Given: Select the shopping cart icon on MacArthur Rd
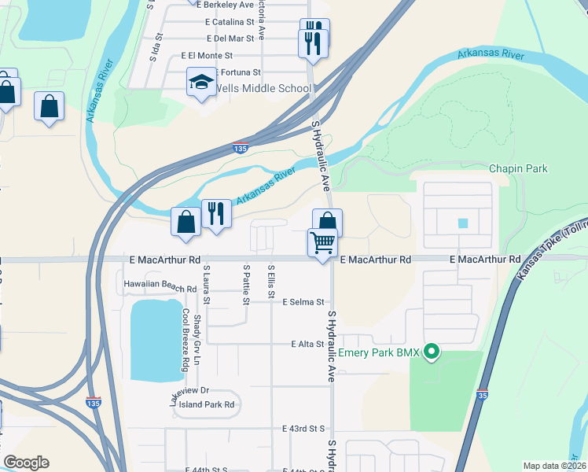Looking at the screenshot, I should click(322, 244).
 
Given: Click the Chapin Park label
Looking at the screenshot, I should click(517, 168).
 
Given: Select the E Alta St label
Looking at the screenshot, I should click(307, 345).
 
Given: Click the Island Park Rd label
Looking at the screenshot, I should click(207, 404).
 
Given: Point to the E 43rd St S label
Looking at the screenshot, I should click(303, 429).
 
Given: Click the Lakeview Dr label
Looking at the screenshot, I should click(188, 391).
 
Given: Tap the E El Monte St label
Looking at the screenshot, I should click(207, 56).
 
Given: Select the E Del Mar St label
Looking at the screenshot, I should click(230, 38).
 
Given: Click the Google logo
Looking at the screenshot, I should click(26, 463).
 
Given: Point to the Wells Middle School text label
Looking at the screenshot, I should click(263, 88).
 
